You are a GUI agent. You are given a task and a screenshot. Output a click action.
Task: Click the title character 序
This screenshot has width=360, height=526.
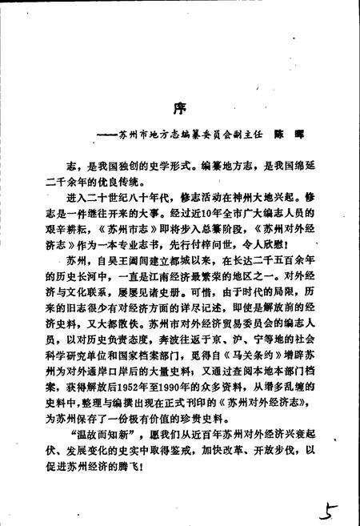[180, 107]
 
